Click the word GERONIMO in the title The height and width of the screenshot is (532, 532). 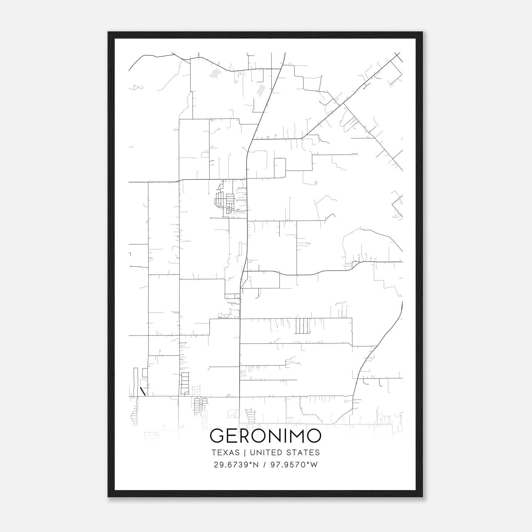(x=266, y=436)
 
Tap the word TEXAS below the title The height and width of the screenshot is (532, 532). (x=225, y=453)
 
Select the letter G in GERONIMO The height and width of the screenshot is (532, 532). (x=217, y=436)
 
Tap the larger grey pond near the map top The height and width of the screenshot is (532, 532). (x=215, y=73)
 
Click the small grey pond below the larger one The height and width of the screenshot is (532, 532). (x=260, y=89)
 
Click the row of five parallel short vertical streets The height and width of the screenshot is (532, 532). (x=302, y=326)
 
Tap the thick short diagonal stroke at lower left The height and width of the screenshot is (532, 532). (x=143, y=391)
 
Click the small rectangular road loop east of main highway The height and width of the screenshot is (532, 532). (x=280, y=164)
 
